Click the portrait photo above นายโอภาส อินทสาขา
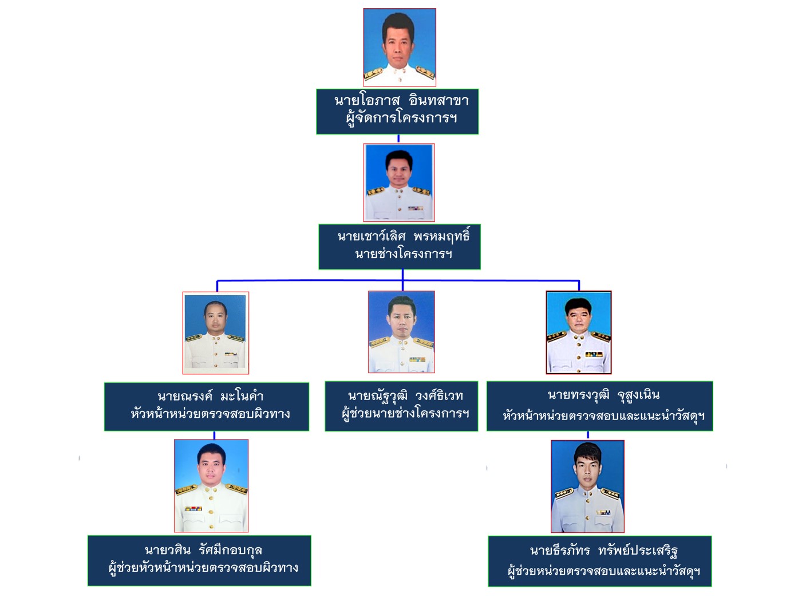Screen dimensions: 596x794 point(400,48)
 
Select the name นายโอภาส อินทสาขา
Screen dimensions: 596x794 point(401,101)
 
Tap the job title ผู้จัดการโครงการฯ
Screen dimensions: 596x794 point(401,119)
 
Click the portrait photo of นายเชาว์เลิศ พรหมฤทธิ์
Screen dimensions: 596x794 point(399,182)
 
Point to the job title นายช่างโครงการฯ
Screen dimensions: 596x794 point(404,254)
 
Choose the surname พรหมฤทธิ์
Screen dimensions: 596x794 point(441,236)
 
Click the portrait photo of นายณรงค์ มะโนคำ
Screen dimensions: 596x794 point(216,332)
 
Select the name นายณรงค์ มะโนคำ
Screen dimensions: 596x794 point(211,396)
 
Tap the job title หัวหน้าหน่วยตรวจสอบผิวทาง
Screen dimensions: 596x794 point(211,414)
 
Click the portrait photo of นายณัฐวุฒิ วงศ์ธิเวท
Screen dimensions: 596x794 point(401,332)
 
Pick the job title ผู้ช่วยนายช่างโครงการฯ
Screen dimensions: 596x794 point(405,413)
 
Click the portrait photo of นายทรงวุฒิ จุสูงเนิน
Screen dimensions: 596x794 point(579,332)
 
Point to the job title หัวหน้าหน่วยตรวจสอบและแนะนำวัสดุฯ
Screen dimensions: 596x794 point(603,416)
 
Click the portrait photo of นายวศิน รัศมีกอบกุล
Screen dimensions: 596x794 point(211,485)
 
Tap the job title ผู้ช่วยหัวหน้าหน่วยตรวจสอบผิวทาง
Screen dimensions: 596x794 point(203,568)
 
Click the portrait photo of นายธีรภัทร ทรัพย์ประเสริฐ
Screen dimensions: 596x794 point(587,486)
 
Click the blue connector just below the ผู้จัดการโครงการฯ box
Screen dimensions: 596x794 point(398,139)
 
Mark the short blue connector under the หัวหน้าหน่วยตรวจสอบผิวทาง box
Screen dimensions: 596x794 point(214,435)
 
